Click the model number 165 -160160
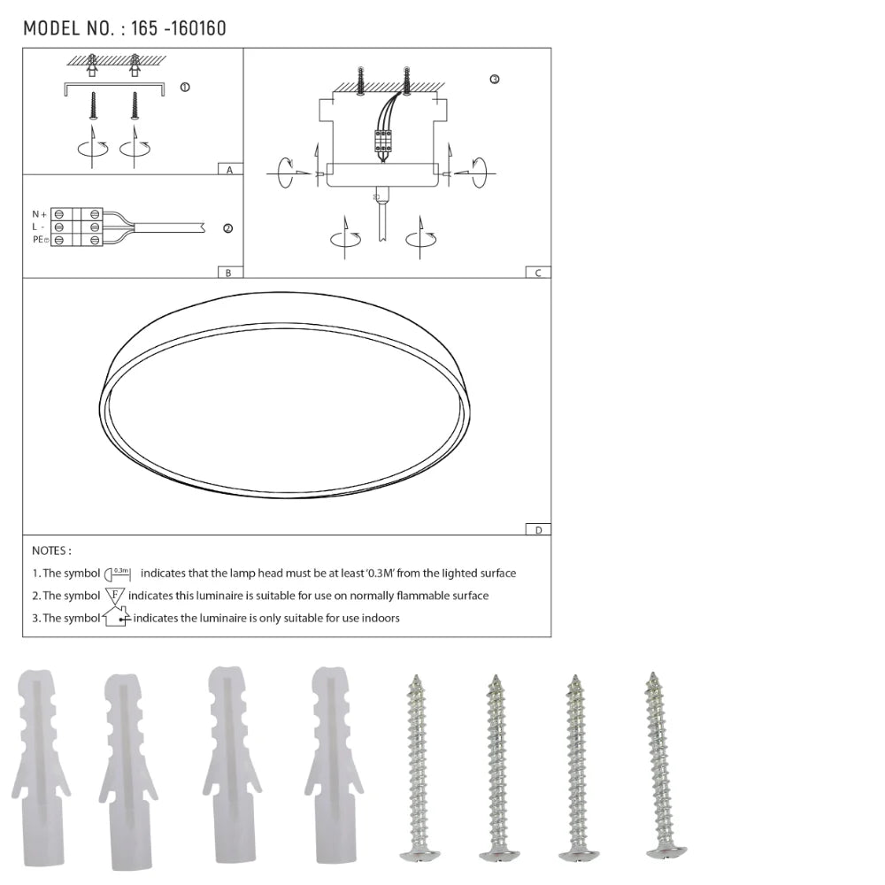click(x=178, y=28)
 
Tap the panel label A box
click(x=229, y=169)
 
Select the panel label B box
click(x=228, y=273)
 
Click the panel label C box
click(x=537, y=273)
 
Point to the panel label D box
click(x=537, y=529)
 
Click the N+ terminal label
click(x=39, y=214)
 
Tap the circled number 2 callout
click(x=227, y=228)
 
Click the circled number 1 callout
click(x=184, y=87)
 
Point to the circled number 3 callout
click(x=494, y=80)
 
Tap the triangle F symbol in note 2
click(x=115, y=596)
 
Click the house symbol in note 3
click(x=115, y=617)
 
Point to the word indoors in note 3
click(x=381, y=618)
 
